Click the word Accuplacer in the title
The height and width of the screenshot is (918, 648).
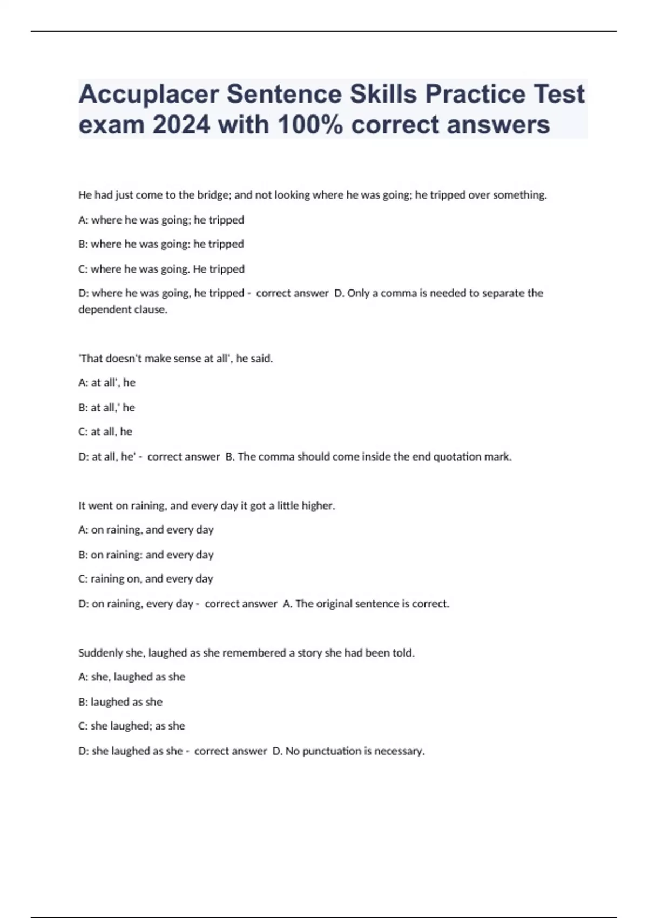pyautogui.click(x=148, y=94)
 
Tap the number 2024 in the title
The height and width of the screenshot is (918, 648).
pyautogui.click(x=181, y=125)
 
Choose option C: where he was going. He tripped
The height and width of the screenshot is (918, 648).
pyautogui.click(x=161, y=269)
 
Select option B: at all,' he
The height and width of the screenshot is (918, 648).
pyautogui.click(x=107, y=407)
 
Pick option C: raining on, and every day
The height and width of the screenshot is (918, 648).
pyautogui.click(x=146, y=579)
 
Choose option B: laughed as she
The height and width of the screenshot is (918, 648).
pyautogui.click(x=120, y=702)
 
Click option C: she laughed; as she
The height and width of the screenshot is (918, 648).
pyautogui.click(x=132, y=726)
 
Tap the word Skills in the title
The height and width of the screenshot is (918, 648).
pyautogui.click(x=383, y=94)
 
